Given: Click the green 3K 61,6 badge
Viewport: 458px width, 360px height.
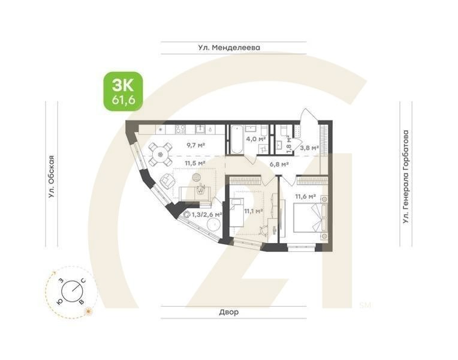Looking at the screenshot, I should click(123, 91).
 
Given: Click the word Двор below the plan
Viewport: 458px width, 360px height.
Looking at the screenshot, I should click(228, 312).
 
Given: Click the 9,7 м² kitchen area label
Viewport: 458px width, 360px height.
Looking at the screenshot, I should click(195, 145).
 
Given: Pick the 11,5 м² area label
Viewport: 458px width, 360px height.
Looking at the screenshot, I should click(195, 162).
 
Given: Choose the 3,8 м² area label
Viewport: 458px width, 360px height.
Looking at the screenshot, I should click(309, 148).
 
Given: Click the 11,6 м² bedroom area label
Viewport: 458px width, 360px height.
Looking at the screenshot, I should click(305, 196).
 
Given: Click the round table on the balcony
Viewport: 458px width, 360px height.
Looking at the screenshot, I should click(214, 225).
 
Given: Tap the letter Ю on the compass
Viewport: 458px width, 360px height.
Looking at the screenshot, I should click(59, 301).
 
